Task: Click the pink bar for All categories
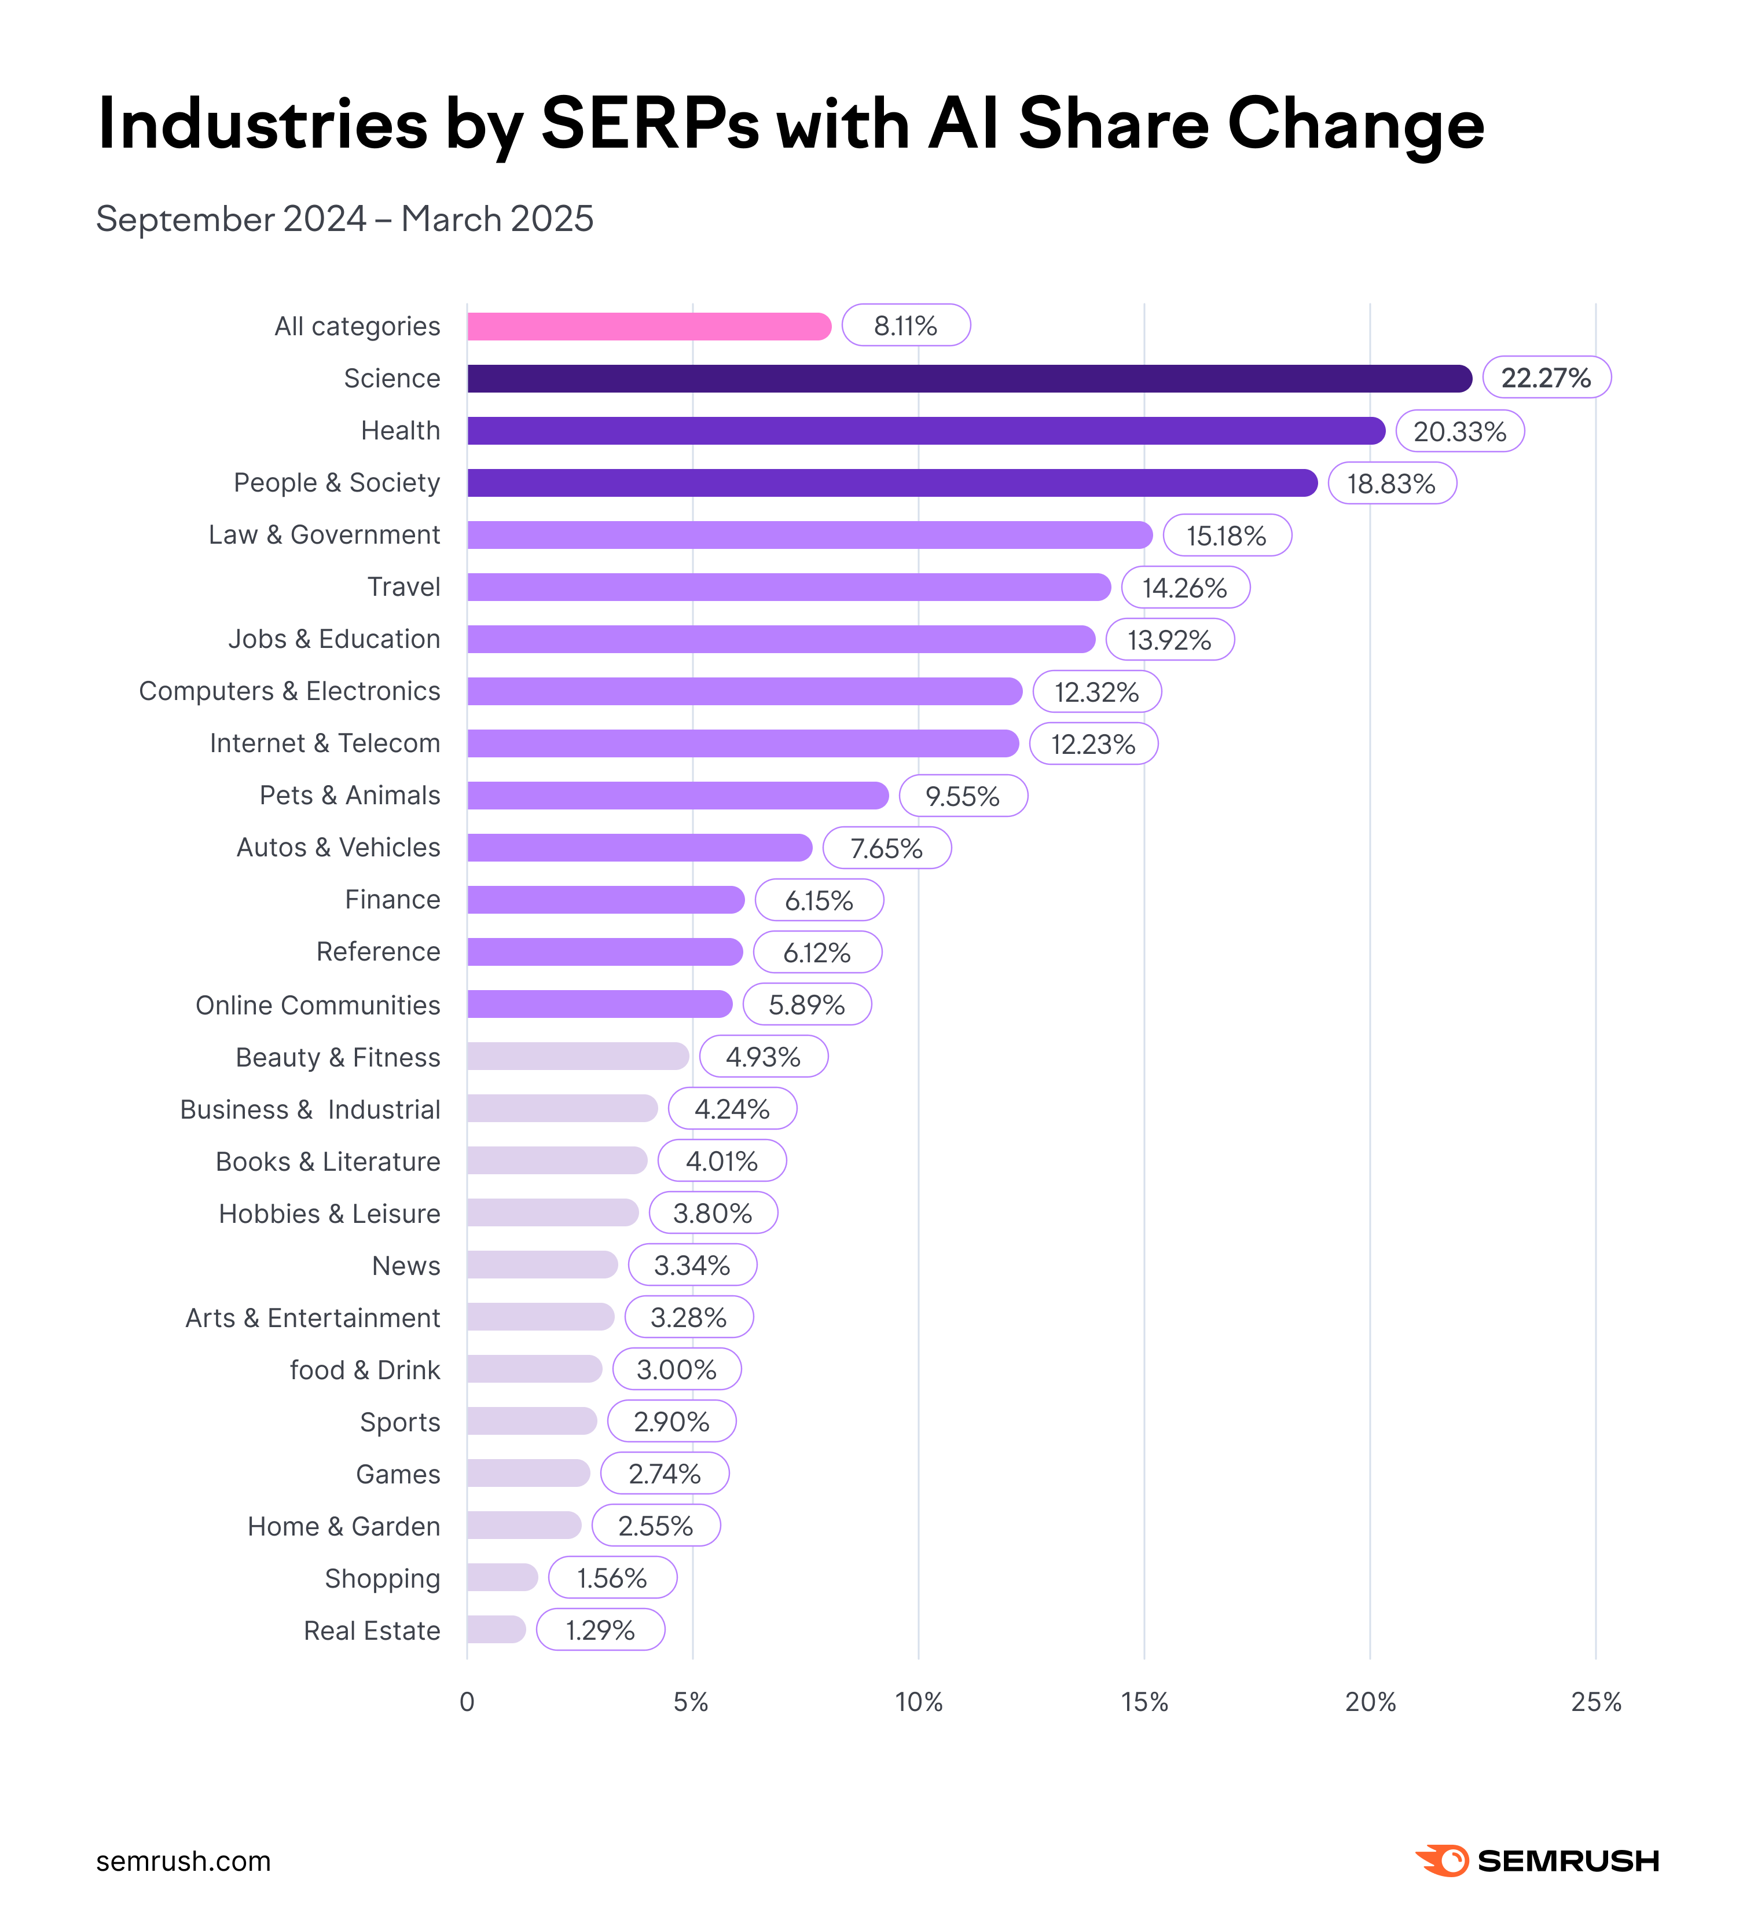[x=648, y=327]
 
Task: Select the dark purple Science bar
[x=968, y=379]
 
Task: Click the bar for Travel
[x=788, y=588]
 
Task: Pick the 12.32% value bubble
[x=1096, y=692]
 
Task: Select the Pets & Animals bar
[x=677, y=796]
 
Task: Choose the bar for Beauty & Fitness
[x=577, y=1057]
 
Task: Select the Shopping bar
[x=502, y=1578]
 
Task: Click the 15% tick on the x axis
[x=1144, y=1702]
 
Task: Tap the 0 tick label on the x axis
[x=467, y=1702]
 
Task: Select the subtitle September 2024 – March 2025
[x=344, y=219]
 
